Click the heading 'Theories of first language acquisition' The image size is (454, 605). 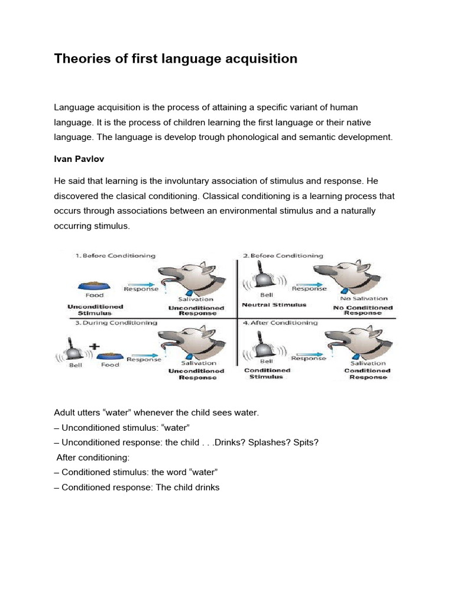[x=176, y=59]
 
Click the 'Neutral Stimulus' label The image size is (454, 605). [x=274, y=305]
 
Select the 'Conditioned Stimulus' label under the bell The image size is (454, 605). [x=267, y=374]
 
